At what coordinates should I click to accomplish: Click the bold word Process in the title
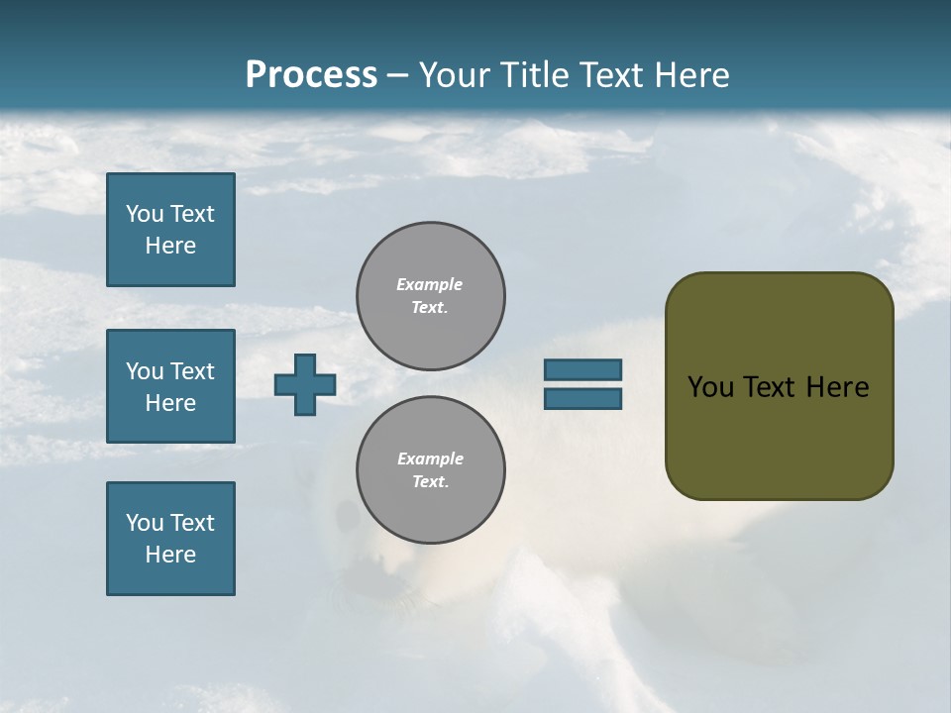[x=311, y=75]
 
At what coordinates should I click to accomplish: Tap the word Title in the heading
[x=532, y=75]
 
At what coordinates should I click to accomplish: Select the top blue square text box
[x=170, y=230]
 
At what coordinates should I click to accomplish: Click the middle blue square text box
[x=170, y=386]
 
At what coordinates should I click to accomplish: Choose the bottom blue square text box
[x=170, y=539]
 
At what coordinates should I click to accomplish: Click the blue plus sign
[x=305, y=384]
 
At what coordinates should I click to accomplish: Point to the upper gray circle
[x=431, y=295]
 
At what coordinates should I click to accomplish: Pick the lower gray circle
[x=431, y=470]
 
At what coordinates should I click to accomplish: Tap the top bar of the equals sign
[x=582, y=369]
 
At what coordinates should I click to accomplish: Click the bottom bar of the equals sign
[x=582, y=398]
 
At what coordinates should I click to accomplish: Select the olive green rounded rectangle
[x=779, y=386]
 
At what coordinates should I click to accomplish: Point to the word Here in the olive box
[x=837, y=387]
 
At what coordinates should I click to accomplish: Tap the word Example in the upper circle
[x=430, y=284]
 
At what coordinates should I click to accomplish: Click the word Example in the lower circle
[x=430, y=458]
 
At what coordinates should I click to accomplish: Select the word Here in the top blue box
[x=170, y=246]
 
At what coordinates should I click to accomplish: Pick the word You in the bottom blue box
[x=145, y=523]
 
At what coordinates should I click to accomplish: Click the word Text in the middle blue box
[x=192, y=371]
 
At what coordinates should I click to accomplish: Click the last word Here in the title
[x=693, y=75]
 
